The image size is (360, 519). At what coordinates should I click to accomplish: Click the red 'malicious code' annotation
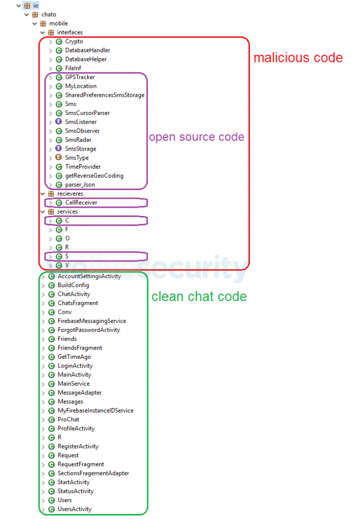tap(298, 58)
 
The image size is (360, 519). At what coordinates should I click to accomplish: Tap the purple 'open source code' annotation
tap(196, 137)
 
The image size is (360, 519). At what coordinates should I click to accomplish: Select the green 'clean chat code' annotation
tap(199, 296)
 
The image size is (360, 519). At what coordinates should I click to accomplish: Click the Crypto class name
tap(74, 42)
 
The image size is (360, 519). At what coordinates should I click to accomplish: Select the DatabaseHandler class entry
tap(87, 50)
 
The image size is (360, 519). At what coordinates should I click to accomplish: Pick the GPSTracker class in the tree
tap(80, 77)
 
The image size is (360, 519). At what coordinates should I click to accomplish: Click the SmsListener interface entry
tap(81, 122)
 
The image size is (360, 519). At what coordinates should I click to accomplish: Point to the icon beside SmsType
tap(59, 158)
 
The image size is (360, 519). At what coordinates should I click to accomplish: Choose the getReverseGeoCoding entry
tap(94, 175)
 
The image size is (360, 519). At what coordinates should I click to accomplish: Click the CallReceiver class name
tap(81, 202)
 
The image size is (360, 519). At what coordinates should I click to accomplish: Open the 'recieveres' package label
tap(70, 194)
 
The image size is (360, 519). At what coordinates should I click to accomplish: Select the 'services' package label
tap(67, 211)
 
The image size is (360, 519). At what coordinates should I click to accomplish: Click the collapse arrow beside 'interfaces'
tap(43, 32)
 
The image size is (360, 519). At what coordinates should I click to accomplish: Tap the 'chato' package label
tap(49, 15)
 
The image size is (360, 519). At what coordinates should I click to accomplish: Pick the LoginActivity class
tap(75, 365)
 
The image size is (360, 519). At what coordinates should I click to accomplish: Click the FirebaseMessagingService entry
tap(92, 321)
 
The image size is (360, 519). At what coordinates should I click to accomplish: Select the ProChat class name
tap(68, 419)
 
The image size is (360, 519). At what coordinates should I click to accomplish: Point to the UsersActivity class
tap(75, 509)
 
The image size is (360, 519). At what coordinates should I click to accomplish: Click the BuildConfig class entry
tap(73, 285)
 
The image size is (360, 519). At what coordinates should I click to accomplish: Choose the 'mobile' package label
tap(58, 23)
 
